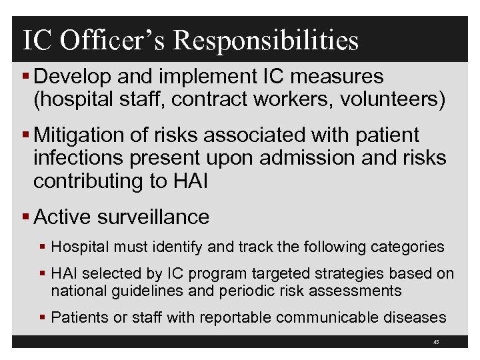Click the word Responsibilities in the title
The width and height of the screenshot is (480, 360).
(x=266, y=40)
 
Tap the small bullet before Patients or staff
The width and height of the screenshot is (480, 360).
(x=44, y=318)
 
